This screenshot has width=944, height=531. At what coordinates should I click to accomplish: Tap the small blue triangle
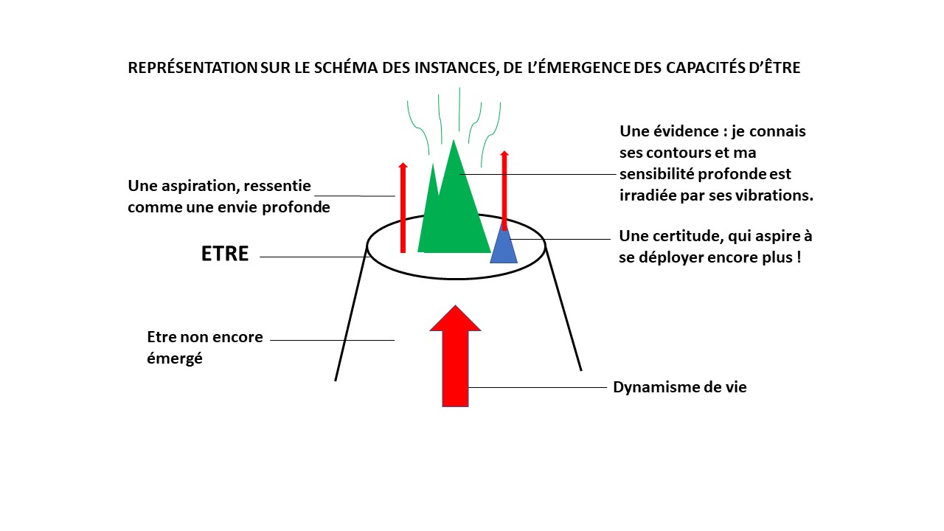click(x=504, y=248)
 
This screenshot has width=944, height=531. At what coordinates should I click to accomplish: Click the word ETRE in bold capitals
click(x=225, y=254)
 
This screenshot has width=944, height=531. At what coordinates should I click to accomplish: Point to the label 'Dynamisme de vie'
click(x=679, y=387)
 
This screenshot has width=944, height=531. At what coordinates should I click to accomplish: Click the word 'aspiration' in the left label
click(x=206, y=186)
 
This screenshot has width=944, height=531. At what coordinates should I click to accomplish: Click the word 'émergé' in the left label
click(x=175, y=359)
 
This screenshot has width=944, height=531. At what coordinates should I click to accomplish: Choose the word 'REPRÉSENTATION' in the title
click(x=192, y=68)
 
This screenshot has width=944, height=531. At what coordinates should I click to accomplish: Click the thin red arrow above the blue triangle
click(x=504, y=188)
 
